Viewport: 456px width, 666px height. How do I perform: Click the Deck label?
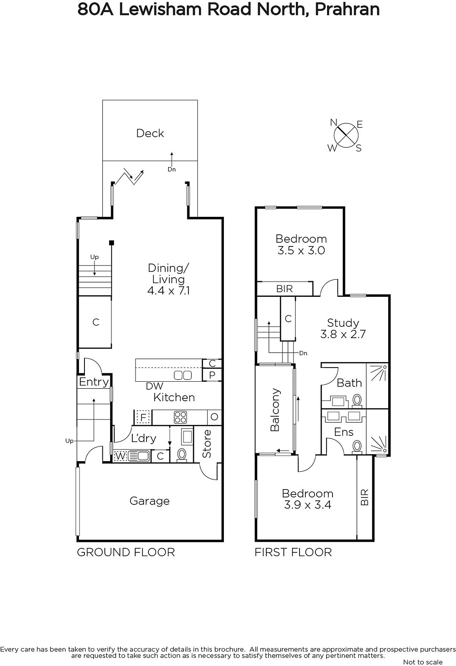(x=150, y=133)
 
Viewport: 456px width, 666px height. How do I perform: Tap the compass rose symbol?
(x=346, y=135)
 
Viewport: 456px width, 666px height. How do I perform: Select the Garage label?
(x=149, y=501)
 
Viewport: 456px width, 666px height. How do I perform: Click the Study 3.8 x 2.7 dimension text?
(x=343, y=334)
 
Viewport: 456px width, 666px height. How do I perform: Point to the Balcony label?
(x=275, y=410)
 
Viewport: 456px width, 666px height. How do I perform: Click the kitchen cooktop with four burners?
(x=180, y=417)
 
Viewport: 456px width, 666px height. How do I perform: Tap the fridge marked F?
(x=143, y=417)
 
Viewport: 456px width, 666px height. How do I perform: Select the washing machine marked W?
(x=120, y=456)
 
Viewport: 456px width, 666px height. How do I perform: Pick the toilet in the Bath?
(x=357, y=400)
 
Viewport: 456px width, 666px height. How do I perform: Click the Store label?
(x=207, y=444)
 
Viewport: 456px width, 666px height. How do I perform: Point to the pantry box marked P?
(x=212, y=375)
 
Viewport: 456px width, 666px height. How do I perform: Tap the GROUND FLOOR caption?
(x=126, y=552)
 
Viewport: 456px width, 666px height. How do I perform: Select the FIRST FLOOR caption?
(x=293, y=552)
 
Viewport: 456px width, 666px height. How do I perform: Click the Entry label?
(x=94, y=382)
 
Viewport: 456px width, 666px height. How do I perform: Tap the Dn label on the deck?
(x=171, y=169)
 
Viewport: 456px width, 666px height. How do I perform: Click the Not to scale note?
(x=423, y=662)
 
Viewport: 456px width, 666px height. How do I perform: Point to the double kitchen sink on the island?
(x=183, y=375)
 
